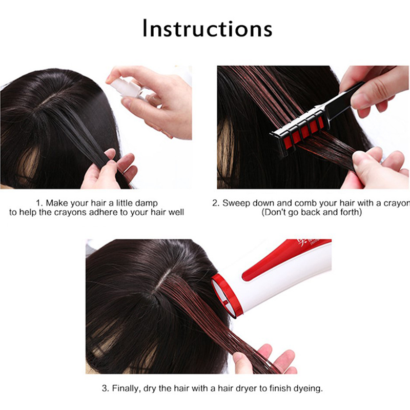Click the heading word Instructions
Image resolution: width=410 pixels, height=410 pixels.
coord(208,28)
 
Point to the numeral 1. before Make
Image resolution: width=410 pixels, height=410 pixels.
coord(39,203)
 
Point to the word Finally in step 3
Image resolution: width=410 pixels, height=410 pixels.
coord(127,388)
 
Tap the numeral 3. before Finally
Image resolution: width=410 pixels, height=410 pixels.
coord(106,388)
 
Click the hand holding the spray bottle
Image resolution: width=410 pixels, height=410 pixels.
coord(154,102)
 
